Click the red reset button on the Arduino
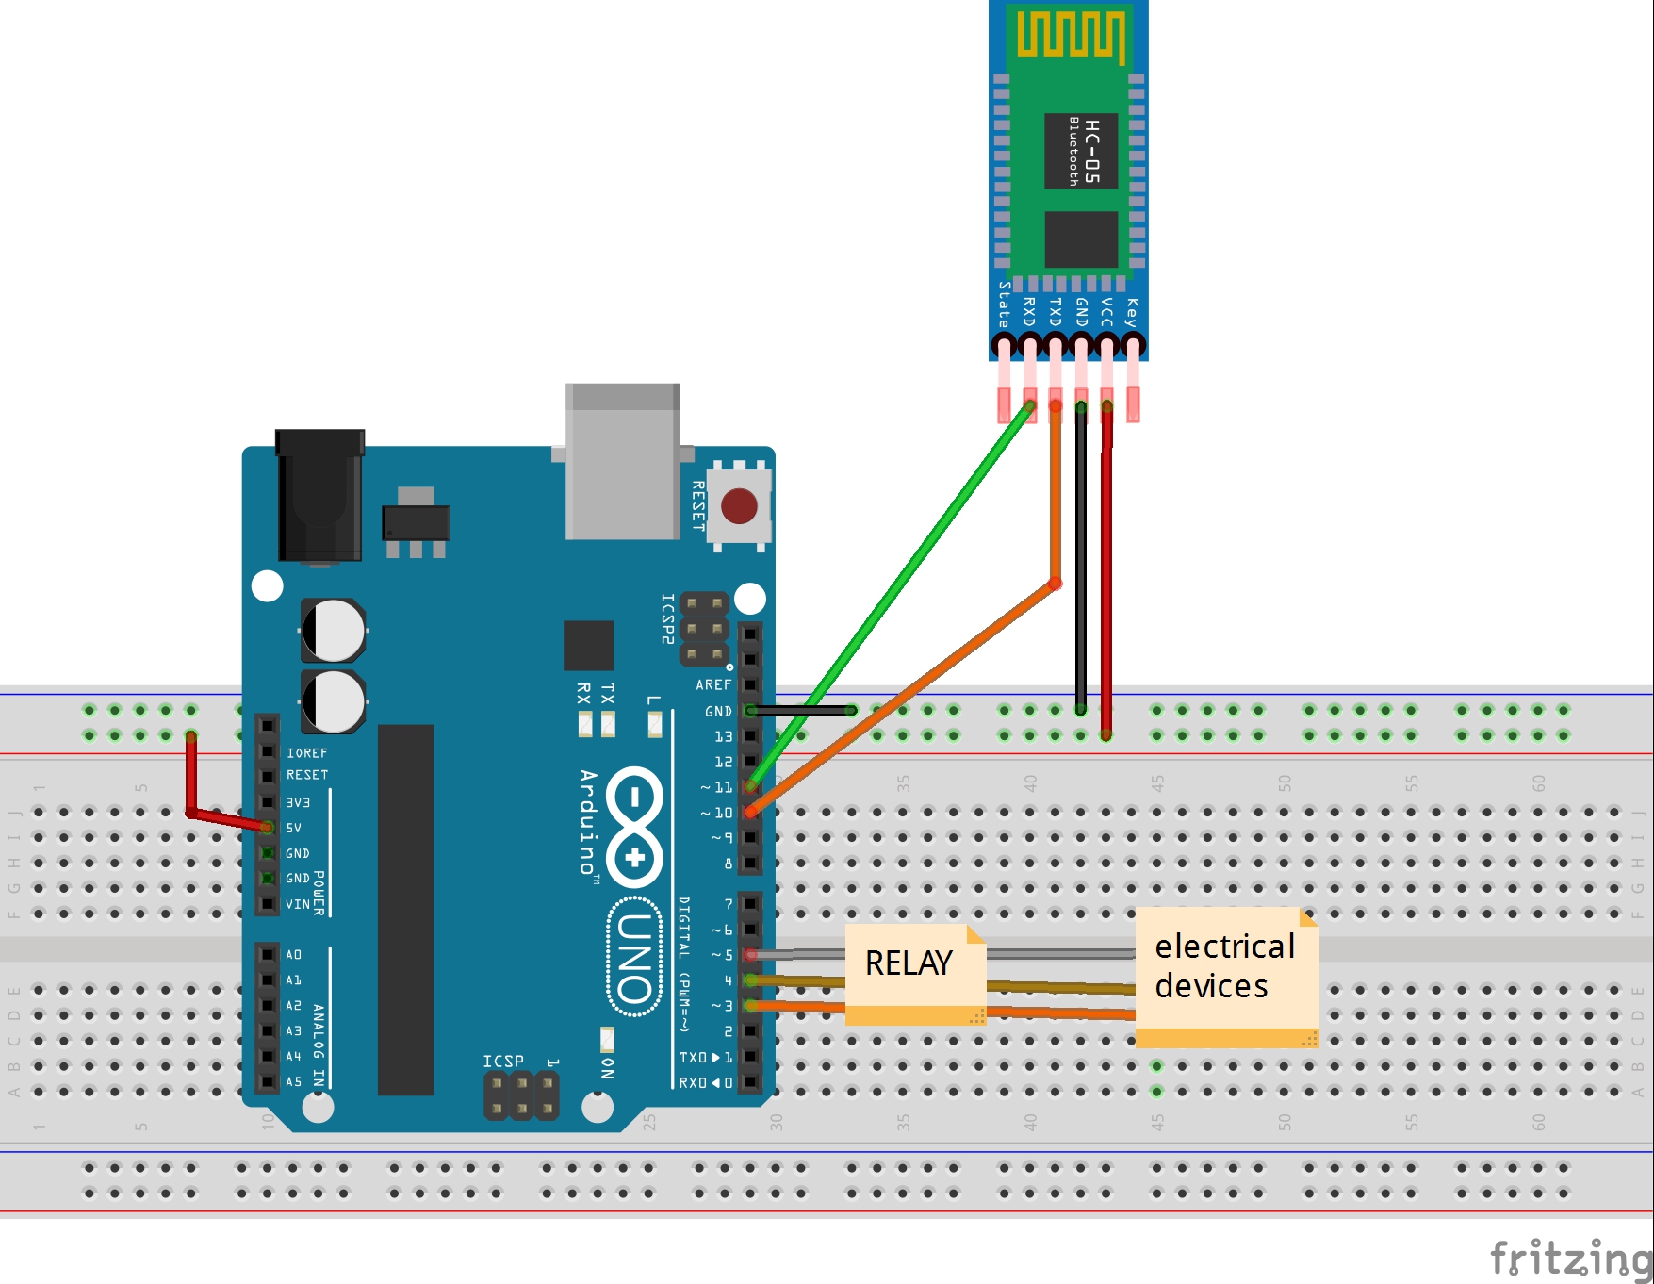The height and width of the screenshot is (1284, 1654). pyautogui.click(x=739, y=506)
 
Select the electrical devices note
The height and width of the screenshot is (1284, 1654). pyautogui.click(x=1224, y=967)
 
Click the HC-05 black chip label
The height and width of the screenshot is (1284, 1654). pyautogui.click(x=1081, y=151)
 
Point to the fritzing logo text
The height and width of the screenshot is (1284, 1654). pyautogui.click(x=1570, y=1259)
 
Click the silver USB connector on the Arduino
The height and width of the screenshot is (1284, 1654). pyautogui.click(x=622, y=461)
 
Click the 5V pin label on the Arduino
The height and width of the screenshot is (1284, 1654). pyautogui.click(x=294, y=829)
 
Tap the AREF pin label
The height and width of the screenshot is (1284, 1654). pyautogui.click(x=713, y=685)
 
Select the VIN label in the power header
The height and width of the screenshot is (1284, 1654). pyautogui.click(x=298, y=904)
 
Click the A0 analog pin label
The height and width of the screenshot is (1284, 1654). pyautogui.click(x=294, y=955)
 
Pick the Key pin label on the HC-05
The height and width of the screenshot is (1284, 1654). pyautogui.click(x=1133, y=310)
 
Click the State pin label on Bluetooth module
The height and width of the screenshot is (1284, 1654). pyautogui.click(x=1004, y=305)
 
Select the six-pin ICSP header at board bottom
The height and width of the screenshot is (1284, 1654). pyautogui.click(x=521, y=1096)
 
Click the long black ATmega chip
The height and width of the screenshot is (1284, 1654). pyautogui.click(x=405, y=910)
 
